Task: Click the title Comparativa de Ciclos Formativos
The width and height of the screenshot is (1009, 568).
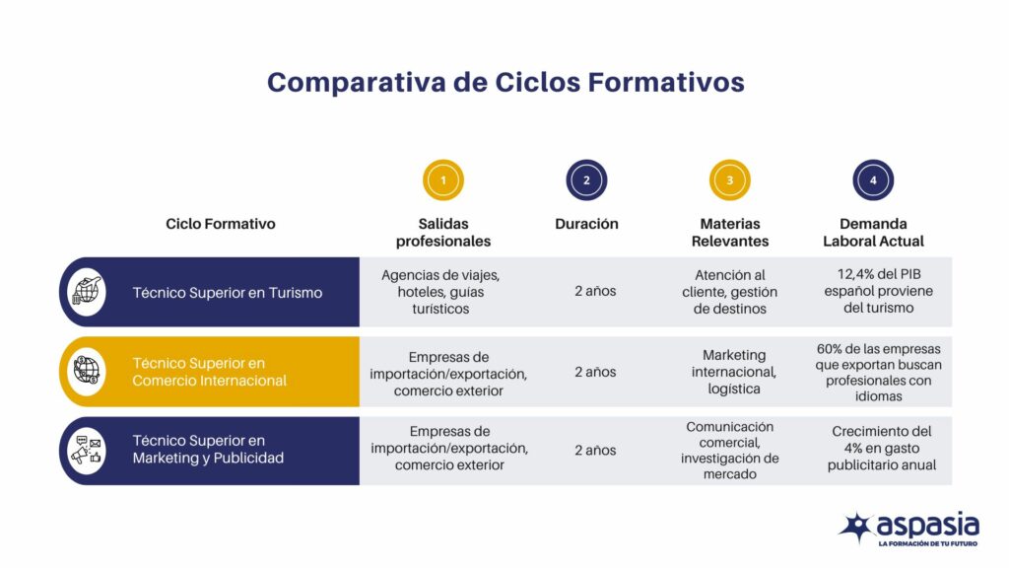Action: pyautogui.click(x=504, y=82)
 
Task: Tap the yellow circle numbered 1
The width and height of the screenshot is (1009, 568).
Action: pyautogui.click(x=443, y=180)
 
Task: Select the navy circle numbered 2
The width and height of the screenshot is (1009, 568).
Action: pyautogui.click(x=586, y=180)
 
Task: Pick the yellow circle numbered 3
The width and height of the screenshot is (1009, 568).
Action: pyautogui.click(x=730, y=180)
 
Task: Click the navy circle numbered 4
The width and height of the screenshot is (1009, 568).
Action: pyautogui.click(x=873, y=180)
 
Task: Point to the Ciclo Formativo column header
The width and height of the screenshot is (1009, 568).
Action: pyautogui.click(x=221, y=224)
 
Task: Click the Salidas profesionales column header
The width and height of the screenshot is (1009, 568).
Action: pyautogui.click(x=443, y=233)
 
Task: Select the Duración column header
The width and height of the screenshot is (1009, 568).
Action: pyautogui.click(x=586, y=224)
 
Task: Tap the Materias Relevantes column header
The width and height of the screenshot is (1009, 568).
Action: pyautogui.click(x=730, y=233)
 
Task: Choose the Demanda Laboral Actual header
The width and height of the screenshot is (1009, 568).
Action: pyautogui.click(x=873, y=233)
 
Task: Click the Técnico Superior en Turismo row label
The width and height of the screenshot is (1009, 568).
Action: pyautogui.click(x=228, y=293)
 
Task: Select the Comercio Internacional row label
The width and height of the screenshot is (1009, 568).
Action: pyautogui.click(x=210, y=372)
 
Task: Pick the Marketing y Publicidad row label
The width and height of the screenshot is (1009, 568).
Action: pyautogui.click(x=208, y=450)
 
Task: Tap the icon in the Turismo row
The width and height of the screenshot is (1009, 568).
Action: pyautogui.click(x=87, y=293)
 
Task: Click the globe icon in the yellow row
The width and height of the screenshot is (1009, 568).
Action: pyautogui.click(x=87, y=372)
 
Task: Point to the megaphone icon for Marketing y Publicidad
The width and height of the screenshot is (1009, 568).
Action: pyautogui.click(x=87, y=450)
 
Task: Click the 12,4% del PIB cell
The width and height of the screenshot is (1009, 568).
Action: pyautogui.click(x=873, y=292)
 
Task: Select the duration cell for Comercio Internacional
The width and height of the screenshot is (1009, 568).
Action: pyautogui.click(x=595, y=372)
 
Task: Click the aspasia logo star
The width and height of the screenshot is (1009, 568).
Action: pyautogui.click(x=855, y=527)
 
